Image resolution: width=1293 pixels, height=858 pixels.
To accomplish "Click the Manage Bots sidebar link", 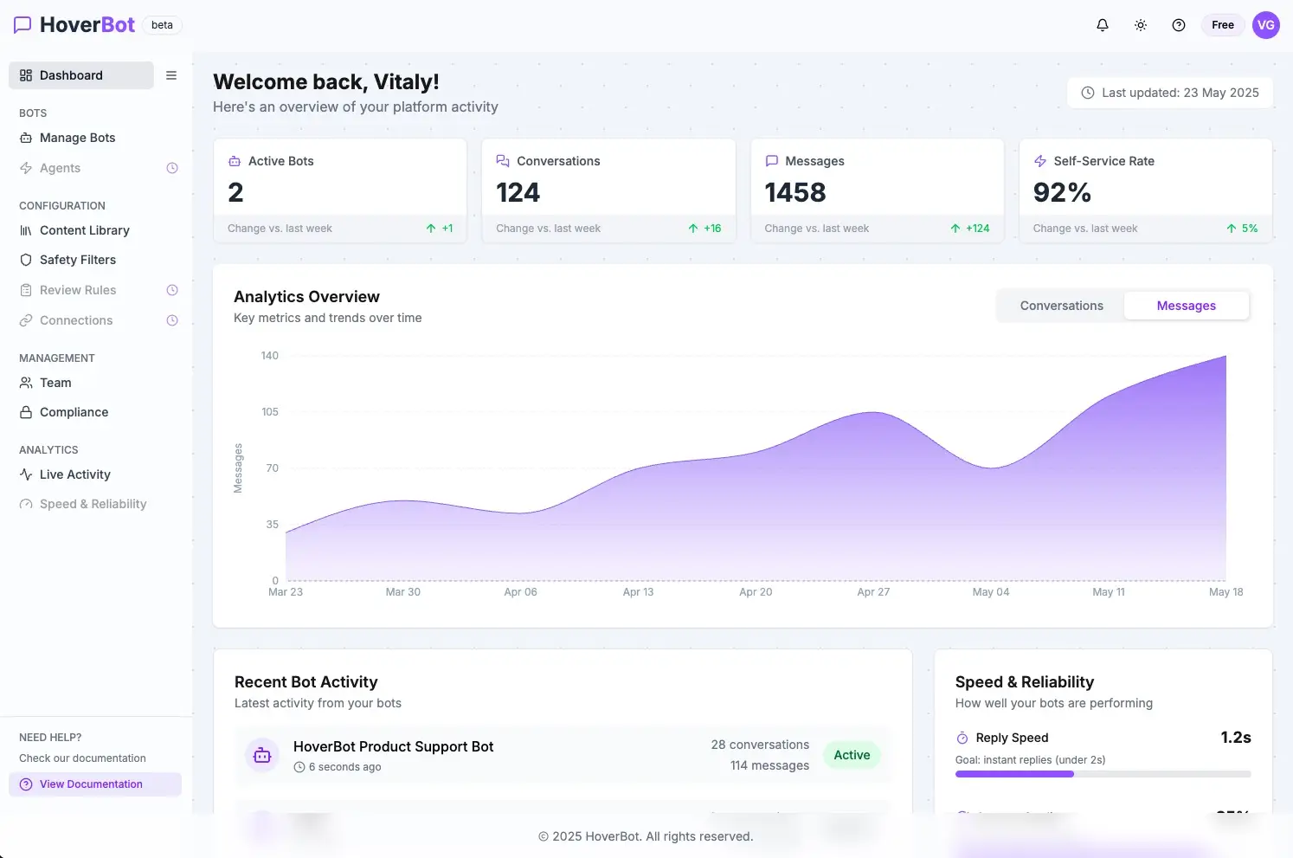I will (x=77, y=138).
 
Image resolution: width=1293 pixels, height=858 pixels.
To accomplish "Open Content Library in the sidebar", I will (x=84, y=230).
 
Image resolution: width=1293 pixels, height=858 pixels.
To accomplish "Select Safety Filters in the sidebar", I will (x=77, y=260).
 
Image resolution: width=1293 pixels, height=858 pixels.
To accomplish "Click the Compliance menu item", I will (x=74, y=412).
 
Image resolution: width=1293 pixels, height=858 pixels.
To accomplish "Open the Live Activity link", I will (x=74, y=474).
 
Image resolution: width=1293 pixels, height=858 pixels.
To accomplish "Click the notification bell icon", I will (x=1102, y=25).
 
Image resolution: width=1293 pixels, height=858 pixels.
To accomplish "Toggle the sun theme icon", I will (x=1141, y=25).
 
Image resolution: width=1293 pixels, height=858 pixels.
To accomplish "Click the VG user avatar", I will (x=1265, y=25).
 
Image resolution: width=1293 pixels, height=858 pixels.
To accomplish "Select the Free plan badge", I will (x=1222, y=25).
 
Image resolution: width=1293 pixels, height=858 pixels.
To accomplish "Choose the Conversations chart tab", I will (x=1061, y=306).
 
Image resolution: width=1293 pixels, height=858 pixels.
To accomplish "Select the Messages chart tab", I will (x=1186, y=306).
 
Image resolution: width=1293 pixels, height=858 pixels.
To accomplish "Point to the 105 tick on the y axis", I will (x=270, y=412).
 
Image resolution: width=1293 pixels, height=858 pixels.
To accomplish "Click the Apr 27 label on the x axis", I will (x=873, y=592).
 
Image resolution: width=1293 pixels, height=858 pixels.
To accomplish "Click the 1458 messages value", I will (x=794, y=192).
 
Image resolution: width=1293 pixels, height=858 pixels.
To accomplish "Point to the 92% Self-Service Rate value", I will (x=1062, y=192).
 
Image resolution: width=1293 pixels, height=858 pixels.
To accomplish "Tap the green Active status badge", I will (x=852, y=755).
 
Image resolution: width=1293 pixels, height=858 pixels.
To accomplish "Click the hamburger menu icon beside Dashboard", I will (x=171, y=75).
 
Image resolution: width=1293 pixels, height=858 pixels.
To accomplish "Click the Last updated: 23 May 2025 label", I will (x=1170, y=93).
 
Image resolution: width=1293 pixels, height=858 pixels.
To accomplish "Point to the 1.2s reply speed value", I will (x=1235, y=738).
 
